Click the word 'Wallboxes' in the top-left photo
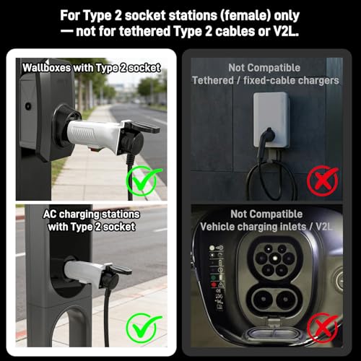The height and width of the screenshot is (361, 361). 46,68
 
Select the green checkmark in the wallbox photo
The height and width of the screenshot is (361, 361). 144,180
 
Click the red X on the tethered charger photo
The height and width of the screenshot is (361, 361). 323,180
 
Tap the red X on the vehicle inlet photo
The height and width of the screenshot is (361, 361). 323,328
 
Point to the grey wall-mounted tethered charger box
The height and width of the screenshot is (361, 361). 271,120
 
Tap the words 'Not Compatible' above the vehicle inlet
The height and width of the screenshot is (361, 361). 266,214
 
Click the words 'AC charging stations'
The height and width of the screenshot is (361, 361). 92,214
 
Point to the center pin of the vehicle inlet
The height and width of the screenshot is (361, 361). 274,258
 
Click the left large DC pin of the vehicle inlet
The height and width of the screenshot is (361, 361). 263,300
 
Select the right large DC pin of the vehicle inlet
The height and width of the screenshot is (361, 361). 287,300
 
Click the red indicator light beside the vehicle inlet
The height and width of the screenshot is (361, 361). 214,284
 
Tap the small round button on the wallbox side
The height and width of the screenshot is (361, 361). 28,106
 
